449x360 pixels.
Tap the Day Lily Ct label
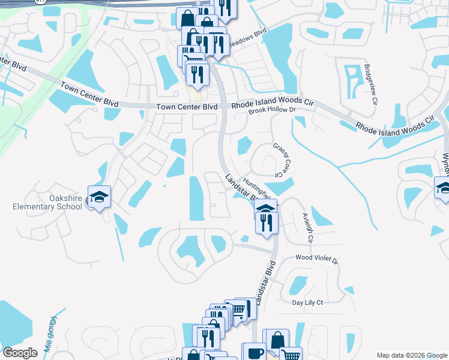307,303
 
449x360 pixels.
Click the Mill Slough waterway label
50,334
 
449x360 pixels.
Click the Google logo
20,353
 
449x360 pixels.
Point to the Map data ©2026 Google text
411,355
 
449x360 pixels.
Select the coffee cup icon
253,352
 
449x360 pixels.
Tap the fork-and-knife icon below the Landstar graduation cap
266,222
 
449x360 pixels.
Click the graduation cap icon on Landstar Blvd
266,208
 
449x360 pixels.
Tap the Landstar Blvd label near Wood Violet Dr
265,282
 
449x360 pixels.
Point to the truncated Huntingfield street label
257,185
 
